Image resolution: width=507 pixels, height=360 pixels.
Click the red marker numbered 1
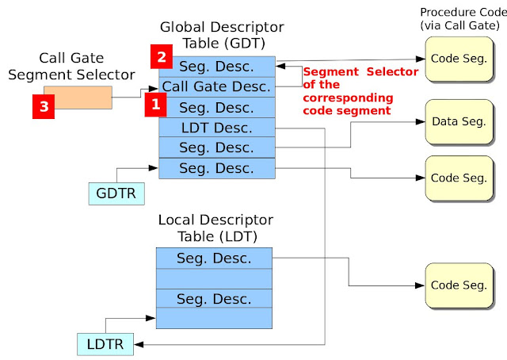point(155,105)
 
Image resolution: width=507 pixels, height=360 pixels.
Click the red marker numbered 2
point(162,56)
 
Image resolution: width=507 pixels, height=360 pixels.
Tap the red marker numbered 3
point(44,106)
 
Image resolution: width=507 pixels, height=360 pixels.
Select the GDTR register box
point(116,193)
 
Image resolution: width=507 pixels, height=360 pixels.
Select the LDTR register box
point(105,344)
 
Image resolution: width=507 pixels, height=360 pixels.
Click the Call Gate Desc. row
point(216,86)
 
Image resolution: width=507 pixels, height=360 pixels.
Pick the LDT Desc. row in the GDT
point(216,128)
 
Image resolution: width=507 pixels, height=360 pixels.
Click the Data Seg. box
point(459,122)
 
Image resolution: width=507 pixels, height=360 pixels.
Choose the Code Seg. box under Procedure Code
point(459,59)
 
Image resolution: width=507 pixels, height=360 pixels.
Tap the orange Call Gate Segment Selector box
point(78,97)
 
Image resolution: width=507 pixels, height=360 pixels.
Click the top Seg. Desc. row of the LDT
point(214,258)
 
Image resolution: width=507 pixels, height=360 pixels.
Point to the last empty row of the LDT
point(214,318)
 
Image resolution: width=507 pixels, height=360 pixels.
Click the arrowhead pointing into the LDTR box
point(139,344)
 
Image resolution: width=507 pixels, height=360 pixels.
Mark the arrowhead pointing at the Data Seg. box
point(421,122)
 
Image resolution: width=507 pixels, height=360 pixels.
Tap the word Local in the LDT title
point(176,220)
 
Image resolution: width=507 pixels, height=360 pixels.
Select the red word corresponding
point(348,98)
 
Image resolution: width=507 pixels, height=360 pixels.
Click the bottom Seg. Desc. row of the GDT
point(216,168)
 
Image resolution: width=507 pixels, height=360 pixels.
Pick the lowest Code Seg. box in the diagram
point(459,285)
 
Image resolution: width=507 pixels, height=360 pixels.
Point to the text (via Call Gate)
point(459,25)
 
